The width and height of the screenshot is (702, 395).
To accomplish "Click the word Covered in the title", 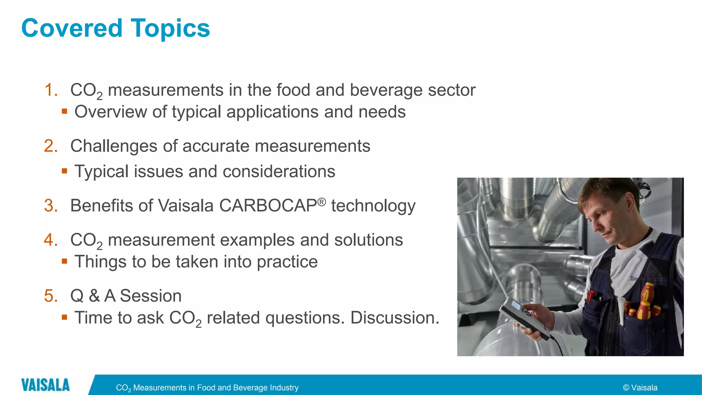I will tap(72, 28).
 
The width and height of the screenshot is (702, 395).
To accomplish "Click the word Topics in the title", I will tap(170, 29).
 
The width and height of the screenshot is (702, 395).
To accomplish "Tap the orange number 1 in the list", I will tap(51, 90).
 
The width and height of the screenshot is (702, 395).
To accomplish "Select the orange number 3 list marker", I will tap(51, 206).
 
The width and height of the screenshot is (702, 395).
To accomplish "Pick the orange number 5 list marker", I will tap(51, 296).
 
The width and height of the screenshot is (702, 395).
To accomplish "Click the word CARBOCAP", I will tap(268, 206).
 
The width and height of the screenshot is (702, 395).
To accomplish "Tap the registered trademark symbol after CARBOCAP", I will tap(321, 202).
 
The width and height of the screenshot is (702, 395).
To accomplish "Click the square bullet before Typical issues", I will tap(64, 170).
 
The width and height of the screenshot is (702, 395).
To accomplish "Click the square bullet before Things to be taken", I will tap(64, 261).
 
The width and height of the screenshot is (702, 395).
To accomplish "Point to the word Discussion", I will tap(395, 318).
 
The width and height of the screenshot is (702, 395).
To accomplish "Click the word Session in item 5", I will tap(150, 296).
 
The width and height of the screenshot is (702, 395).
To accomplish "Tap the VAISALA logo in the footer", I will tap(45, 385).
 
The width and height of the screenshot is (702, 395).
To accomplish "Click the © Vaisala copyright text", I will tap(640, 388).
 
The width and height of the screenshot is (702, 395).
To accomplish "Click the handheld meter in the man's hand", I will tap(521, 315).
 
